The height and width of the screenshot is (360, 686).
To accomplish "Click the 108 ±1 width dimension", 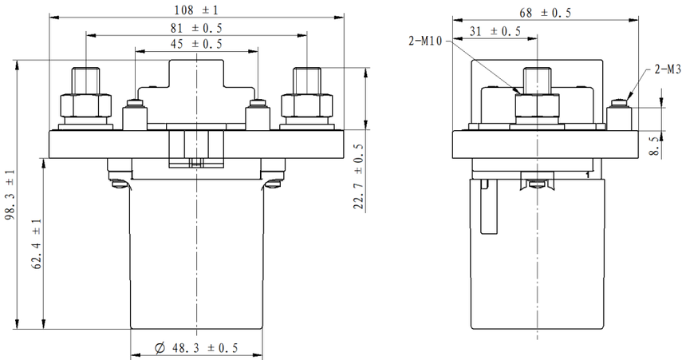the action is click(x=195, y=10).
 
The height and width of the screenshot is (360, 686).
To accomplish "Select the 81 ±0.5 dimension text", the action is click(x=196, y=28).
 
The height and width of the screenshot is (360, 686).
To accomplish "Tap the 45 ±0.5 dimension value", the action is click(x=196, y=44).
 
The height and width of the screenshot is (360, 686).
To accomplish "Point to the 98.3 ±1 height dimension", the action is click(x=10, y=195).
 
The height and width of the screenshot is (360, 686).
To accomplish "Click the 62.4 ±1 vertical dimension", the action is click(x=37, y=243).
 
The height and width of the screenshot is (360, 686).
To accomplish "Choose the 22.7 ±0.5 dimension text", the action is click(x=360, y=177).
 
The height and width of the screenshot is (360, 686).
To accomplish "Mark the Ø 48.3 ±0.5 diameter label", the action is click(x=196, y=348).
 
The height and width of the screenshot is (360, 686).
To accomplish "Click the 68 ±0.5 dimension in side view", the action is click(x=545, y=13).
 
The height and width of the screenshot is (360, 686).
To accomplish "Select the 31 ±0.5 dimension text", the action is click(x=495, y=31).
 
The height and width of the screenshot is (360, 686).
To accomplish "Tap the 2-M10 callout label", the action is click(x=425, y=42).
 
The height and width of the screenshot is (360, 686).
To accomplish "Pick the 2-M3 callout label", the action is click(x=668, y=69).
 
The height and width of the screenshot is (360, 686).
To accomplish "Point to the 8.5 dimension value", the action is click(x=654, y=146).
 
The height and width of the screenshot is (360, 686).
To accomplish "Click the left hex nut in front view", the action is click(x=86, y=105).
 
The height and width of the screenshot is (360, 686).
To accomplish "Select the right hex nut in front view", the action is click(x=306, y=105).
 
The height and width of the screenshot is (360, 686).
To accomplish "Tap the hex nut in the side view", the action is click(x=538, y=105).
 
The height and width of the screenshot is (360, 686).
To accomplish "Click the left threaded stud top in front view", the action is click(x=86, y=81).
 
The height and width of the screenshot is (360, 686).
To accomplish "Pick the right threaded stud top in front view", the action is click(x=306, y=81).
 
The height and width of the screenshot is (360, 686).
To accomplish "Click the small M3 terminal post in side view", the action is click(x=619, y=115).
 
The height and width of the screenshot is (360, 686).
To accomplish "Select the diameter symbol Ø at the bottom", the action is click(x=160, y=349).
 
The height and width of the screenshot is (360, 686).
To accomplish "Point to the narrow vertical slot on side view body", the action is click(x=489, y=206).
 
